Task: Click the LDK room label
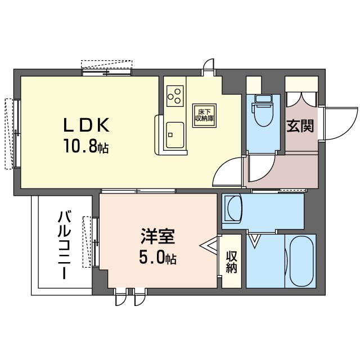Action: pyautogui.click(x=86, y=125)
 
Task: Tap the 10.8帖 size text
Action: pyautogui.click(x=86, y=146)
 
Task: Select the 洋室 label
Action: pyautogui.click(x=157, y=236)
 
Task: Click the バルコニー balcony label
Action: pyautogui.click(x=65, y=245)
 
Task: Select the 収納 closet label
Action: pyautogui.click(x=231, y=262)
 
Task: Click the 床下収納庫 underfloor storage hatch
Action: pyautogui.click(x=204, y=115)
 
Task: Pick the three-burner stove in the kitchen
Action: pyautogui.click(x=175, y=96)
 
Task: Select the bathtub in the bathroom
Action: pyautogui.click(x=301, y=261)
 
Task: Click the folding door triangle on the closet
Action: pyautogui.click(x=209, y=246)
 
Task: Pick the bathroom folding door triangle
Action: pyautogui.click(x=255, y=241)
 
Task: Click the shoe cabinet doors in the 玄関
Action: pyautogui.click(x=301, y=99)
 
